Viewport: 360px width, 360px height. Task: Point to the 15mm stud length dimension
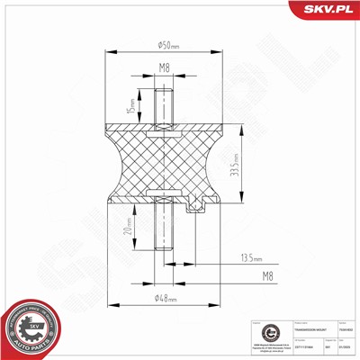(130, 105)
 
